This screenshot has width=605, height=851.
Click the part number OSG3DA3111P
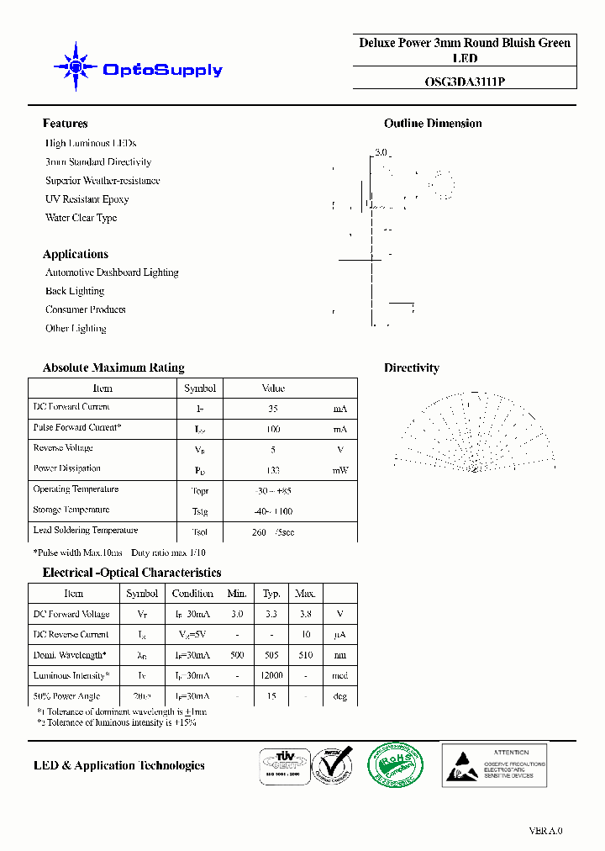coord(465,82)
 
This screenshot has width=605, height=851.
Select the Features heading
coord(65,124)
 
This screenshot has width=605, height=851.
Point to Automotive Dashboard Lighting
coord(112,272)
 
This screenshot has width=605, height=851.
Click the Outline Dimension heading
coord(433,124)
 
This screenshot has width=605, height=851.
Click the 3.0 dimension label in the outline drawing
coord(381,152)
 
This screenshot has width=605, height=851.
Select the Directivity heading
coord(411,367)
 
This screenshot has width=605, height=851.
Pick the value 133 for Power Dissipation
coord(272,470)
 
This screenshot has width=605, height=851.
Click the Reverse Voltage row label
coord(63,448)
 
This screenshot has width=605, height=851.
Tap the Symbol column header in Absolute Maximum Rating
coord(200,388)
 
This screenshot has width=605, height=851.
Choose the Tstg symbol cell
coord(200,511)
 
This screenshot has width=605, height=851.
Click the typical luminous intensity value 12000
coord(271,676)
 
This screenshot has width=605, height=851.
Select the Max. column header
coord(305,594)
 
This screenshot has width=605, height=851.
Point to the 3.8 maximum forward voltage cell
coord(305,615)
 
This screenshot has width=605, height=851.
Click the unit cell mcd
coord(339,676)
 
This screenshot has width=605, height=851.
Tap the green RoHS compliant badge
coord(396,765)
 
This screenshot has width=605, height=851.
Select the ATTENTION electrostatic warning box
coord(494,764)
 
